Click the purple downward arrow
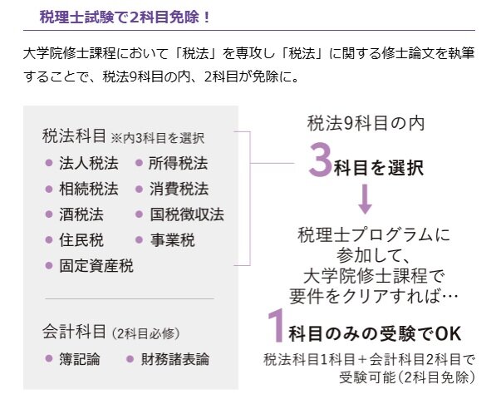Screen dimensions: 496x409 [366, 199]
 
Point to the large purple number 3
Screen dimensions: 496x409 [321, 160]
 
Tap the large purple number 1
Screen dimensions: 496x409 [276, 326]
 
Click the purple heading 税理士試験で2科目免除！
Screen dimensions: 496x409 [125, 17]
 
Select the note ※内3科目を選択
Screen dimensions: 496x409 [158, 138]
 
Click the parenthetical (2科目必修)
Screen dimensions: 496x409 [146, 333]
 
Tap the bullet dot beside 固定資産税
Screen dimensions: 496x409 [49, 265]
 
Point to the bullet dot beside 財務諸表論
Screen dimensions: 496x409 [130, 359]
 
